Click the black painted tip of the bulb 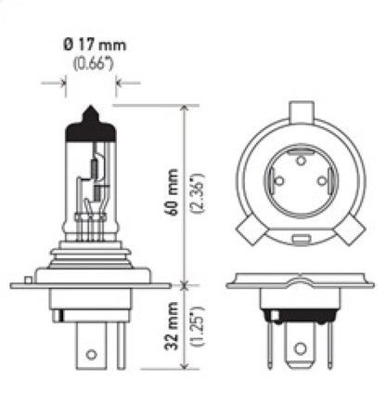tap(91, 119)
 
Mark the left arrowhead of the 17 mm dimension tap(63, 82)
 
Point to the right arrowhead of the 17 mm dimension tap(119, 82)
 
